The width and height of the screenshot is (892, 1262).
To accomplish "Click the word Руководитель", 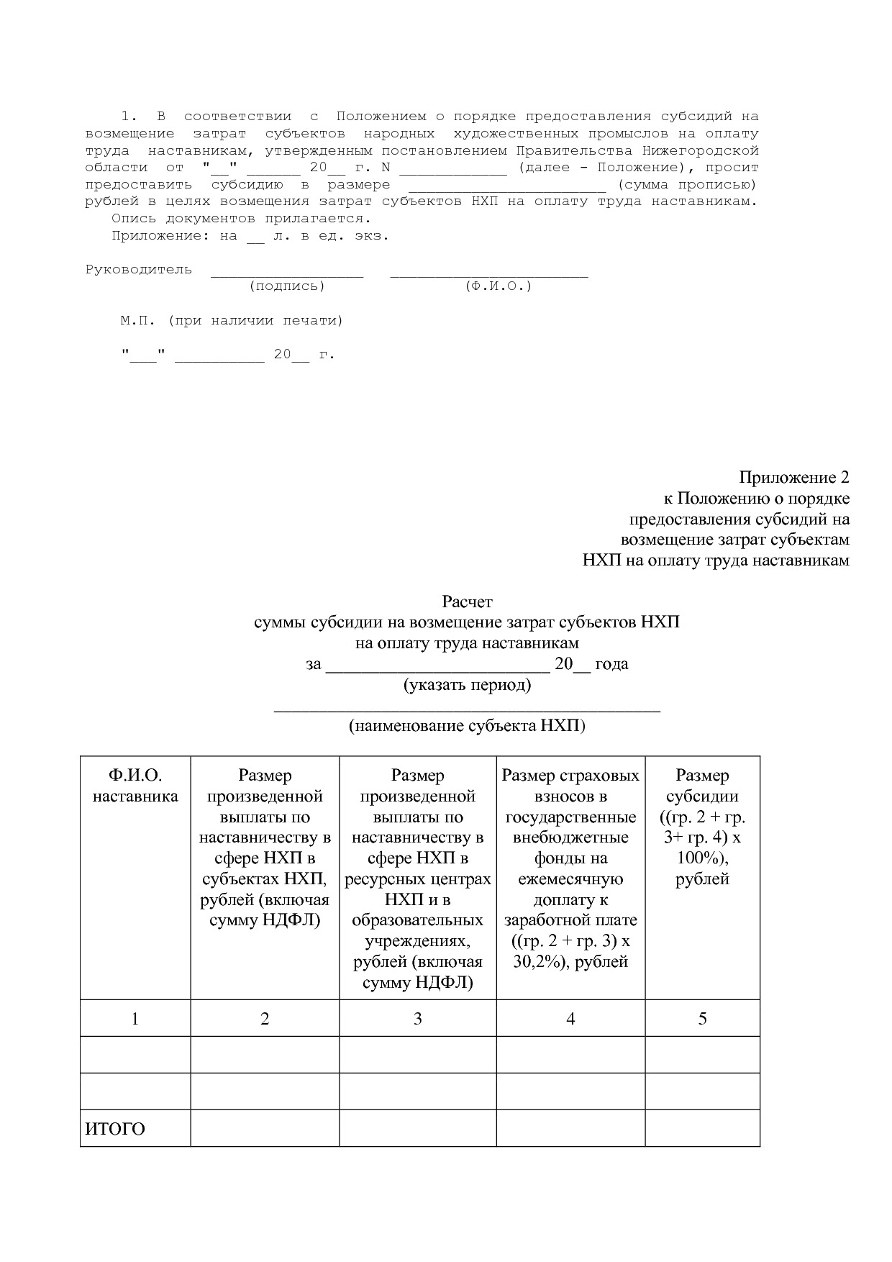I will coord(139,270).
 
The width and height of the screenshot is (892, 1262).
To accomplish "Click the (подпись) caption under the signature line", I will coord(287,286).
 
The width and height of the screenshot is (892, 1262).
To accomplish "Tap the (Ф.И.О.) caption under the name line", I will coord(499,286).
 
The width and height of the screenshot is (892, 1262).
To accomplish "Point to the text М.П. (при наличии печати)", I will coord(232,321).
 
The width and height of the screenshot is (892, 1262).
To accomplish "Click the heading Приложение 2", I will coord(793,478).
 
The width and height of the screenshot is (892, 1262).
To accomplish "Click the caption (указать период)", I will coord(467,684).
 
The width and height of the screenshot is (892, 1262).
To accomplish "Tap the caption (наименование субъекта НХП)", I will coord(467,725).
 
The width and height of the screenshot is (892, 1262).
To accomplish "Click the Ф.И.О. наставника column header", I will coord(135,786).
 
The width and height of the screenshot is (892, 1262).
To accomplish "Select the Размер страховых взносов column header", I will coord(570,868).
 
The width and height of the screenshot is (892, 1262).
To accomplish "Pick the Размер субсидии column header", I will coord(702,827).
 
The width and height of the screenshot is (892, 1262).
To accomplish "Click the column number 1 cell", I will coord(135,1018).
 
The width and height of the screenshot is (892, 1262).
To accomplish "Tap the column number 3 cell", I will coord(418,1018).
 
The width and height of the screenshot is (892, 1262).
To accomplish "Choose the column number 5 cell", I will coord(702,1018).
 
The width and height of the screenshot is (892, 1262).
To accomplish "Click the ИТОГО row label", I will coord(115,1129).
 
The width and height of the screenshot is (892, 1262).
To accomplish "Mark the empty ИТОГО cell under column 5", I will coord(702,1128).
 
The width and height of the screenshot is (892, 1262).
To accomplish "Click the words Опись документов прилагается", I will coord(242,218).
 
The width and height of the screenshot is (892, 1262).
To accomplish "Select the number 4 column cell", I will coord(570,1018).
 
